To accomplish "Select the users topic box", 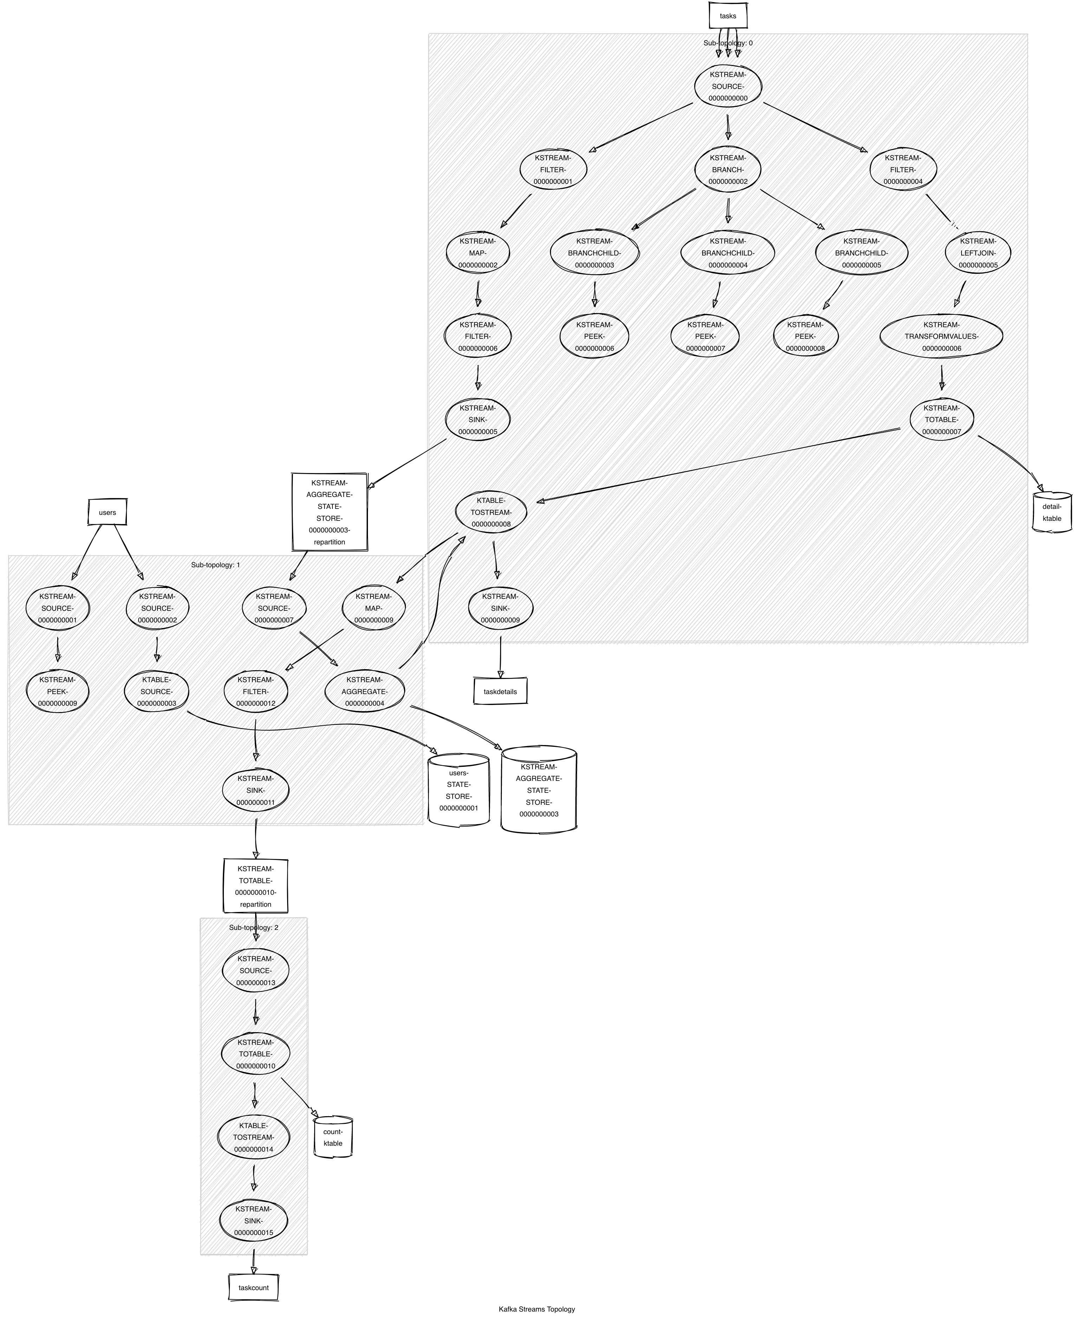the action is (107, 512).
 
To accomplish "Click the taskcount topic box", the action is (253, 1287).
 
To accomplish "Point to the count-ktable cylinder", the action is (333, 1137).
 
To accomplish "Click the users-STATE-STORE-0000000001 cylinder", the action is (458, 790).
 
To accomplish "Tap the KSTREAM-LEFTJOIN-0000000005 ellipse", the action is (977, 253).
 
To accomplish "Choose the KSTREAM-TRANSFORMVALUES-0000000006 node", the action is (941, 336).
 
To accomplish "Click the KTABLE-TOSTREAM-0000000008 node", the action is (491, 512).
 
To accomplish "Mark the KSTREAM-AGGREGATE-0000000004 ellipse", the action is (364, 692).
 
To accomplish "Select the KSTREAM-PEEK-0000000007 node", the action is (705, 336).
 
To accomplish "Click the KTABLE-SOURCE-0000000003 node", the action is (156, 692).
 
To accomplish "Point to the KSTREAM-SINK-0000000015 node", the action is (254, 1221).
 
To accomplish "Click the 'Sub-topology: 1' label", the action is (215, 565).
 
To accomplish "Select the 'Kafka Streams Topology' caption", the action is (536, 1309).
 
